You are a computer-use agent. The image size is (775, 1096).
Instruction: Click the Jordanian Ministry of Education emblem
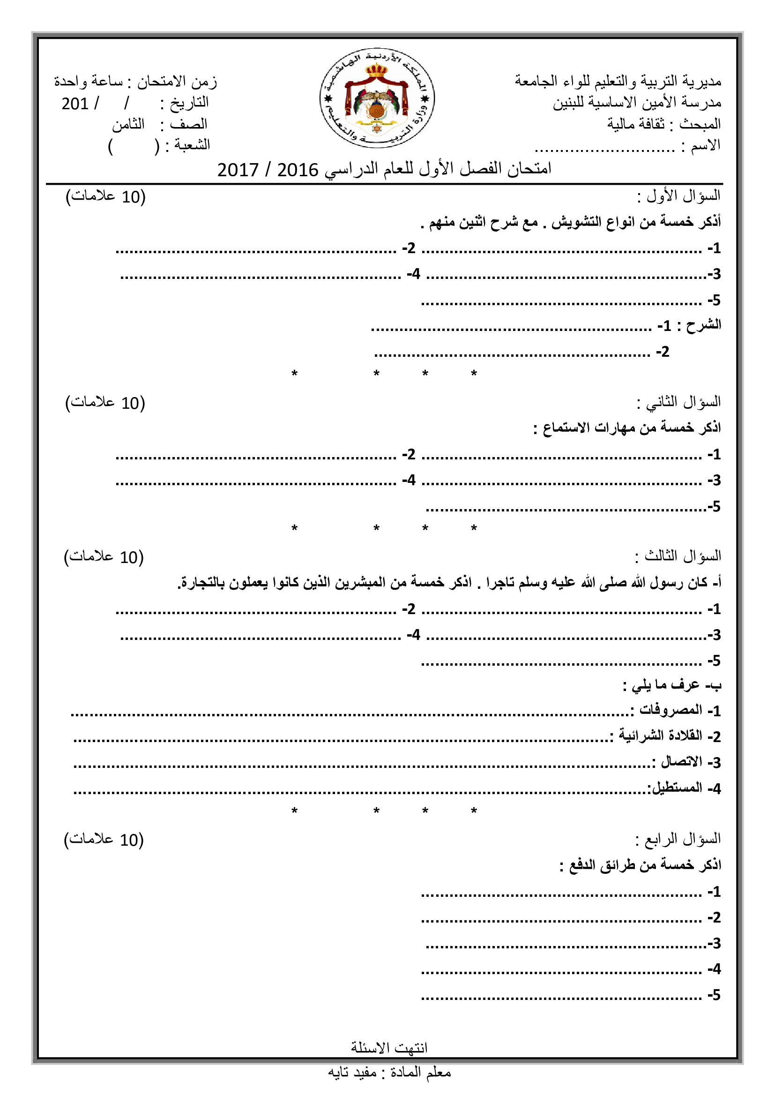click(x=377, y=98)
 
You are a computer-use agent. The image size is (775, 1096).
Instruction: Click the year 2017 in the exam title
click(x=238, y=170)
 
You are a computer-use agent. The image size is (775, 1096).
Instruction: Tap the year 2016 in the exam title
click(x=298, y=170)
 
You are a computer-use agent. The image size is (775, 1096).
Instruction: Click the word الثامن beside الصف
click(x=128, y=125)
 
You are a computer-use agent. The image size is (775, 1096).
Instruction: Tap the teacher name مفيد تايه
click(x=352, y=1073)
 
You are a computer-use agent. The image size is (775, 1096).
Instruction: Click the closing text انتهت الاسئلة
click(x=389, y=1048)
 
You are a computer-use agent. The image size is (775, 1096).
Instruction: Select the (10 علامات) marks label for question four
click(x=104, y=840)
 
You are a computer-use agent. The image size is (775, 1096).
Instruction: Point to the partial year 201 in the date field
click(x=75, y=104)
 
